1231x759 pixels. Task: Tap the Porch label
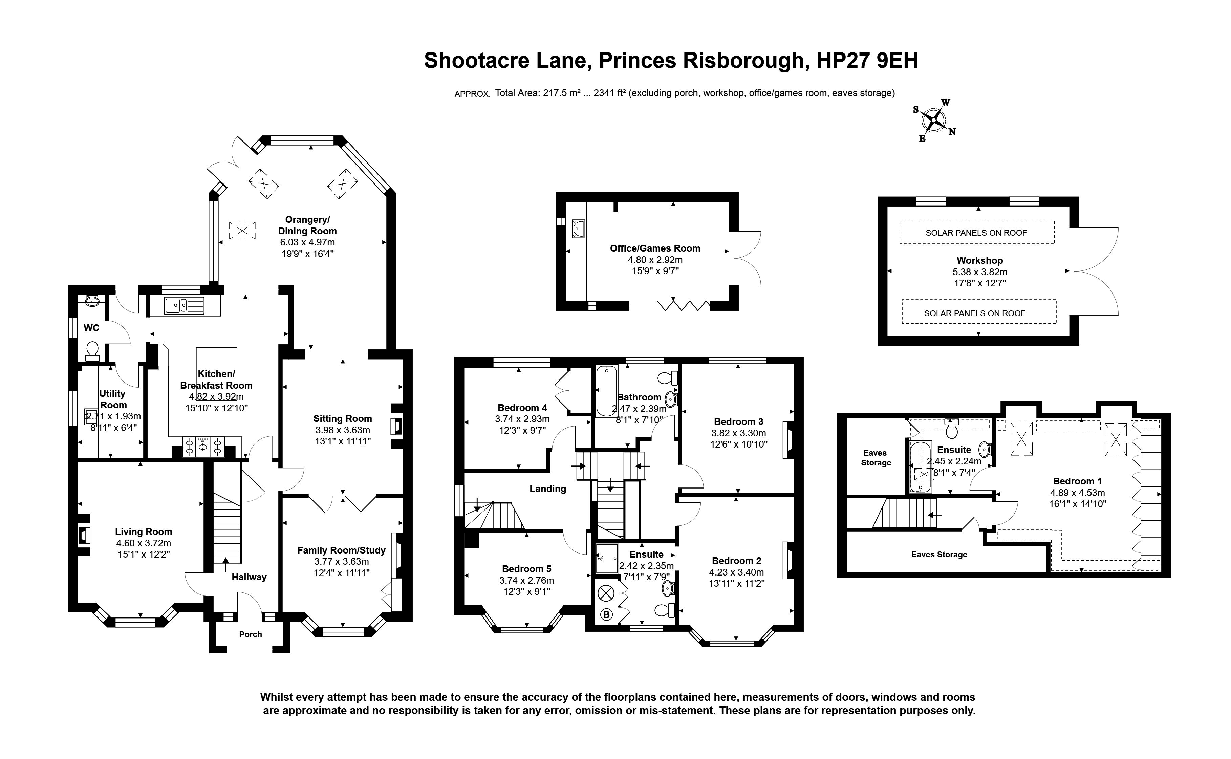[x=250, y=634]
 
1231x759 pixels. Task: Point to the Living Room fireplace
[x=84, y=536]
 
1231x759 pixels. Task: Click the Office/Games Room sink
[x=578, y=229]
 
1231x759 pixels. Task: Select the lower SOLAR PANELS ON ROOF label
[x=974, y=313]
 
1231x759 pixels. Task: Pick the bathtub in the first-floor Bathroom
[x=606, y=391]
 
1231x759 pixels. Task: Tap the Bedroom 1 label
[x=1077, y=481]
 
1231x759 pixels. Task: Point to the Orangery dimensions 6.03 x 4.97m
[x=307, y=242]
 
